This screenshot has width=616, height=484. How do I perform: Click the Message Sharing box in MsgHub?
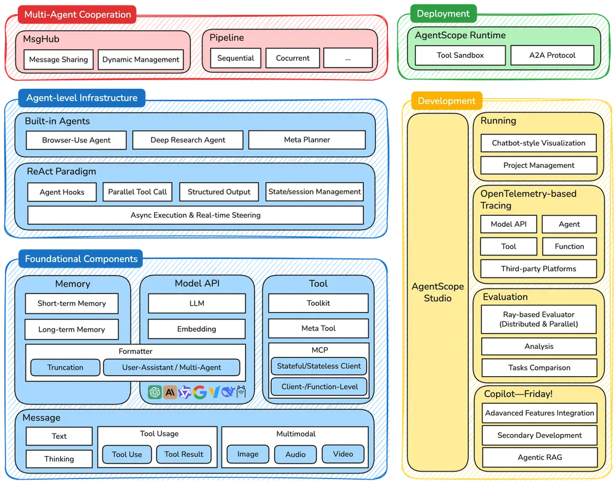pos(59,60)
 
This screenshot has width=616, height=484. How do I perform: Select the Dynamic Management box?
pos(140,60)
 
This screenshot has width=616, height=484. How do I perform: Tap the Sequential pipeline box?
pos(235,58)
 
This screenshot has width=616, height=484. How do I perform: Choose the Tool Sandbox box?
pos(460,55)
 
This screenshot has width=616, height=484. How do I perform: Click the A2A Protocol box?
pos(552,55)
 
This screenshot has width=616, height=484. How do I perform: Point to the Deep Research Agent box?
pos(188,140)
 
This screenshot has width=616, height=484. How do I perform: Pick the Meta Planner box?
pos(307,140)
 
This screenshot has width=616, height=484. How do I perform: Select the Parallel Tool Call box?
pos(137,192)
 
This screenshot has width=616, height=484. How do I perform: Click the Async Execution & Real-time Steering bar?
pos(195,215)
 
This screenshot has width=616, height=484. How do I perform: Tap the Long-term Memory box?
pos(71,329)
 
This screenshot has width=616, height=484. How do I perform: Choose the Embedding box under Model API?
pos(197,329)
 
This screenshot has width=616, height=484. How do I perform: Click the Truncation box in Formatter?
pos(65,367)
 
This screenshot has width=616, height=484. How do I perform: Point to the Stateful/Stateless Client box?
pos(319,366)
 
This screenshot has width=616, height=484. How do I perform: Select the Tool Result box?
pos(184,454)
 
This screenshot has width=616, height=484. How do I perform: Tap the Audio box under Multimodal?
pos(296,454)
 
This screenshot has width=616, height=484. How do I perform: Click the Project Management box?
pos(539,165)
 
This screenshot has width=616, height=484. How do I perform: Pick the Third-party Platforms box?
pos(539,269)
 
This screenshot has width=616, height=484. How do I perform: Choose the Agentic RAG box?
pos(539,457)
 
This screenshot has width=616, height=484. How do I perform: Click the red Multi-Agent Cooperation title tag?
pos(77,14)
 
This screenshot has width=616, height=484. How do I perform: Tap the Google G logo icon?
pos(199,392)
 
